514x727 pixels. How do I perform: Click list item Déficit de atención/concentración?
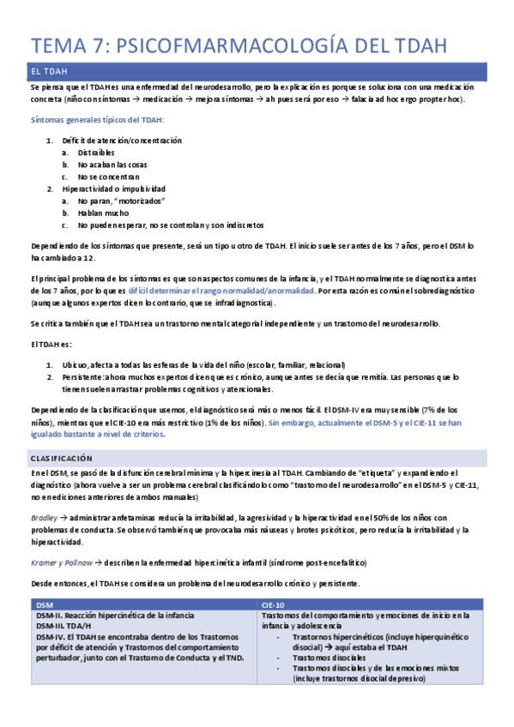[x=122, y=141]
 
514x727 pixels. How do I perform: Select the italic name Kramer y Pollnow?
[x=63, y=562]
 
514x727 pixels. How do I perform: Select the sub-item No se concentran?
[x=108, y=177]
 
